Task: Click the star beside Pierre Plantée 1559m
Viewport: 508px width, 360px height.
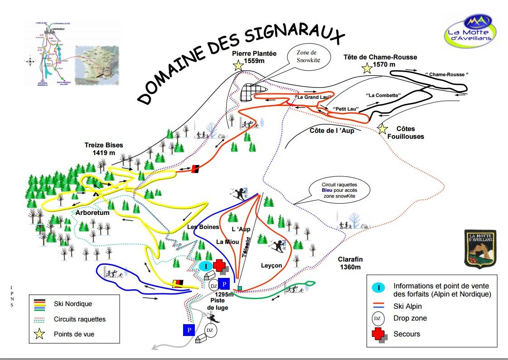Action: point(238,65)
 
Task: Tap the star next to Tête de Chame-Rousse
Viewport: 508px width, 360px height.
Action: point(367,68)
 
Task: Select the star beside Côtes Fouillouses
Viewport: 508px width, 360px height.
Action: point(382,130)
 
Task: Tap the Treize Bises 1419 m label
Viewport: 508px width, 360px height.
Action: point(103,149)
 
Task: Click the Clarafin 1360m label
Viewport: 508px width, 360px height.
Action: point(350,263)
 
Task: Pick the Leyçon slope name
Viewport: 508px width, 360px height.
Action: point(271,265)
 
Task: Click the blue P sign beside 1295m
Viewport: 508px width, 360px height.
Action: point(224,284)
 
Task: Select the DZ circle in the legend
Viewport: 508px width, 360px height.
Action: point(377,318)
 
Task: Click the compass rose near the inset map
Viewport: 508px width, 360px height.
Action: point(30,61)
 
